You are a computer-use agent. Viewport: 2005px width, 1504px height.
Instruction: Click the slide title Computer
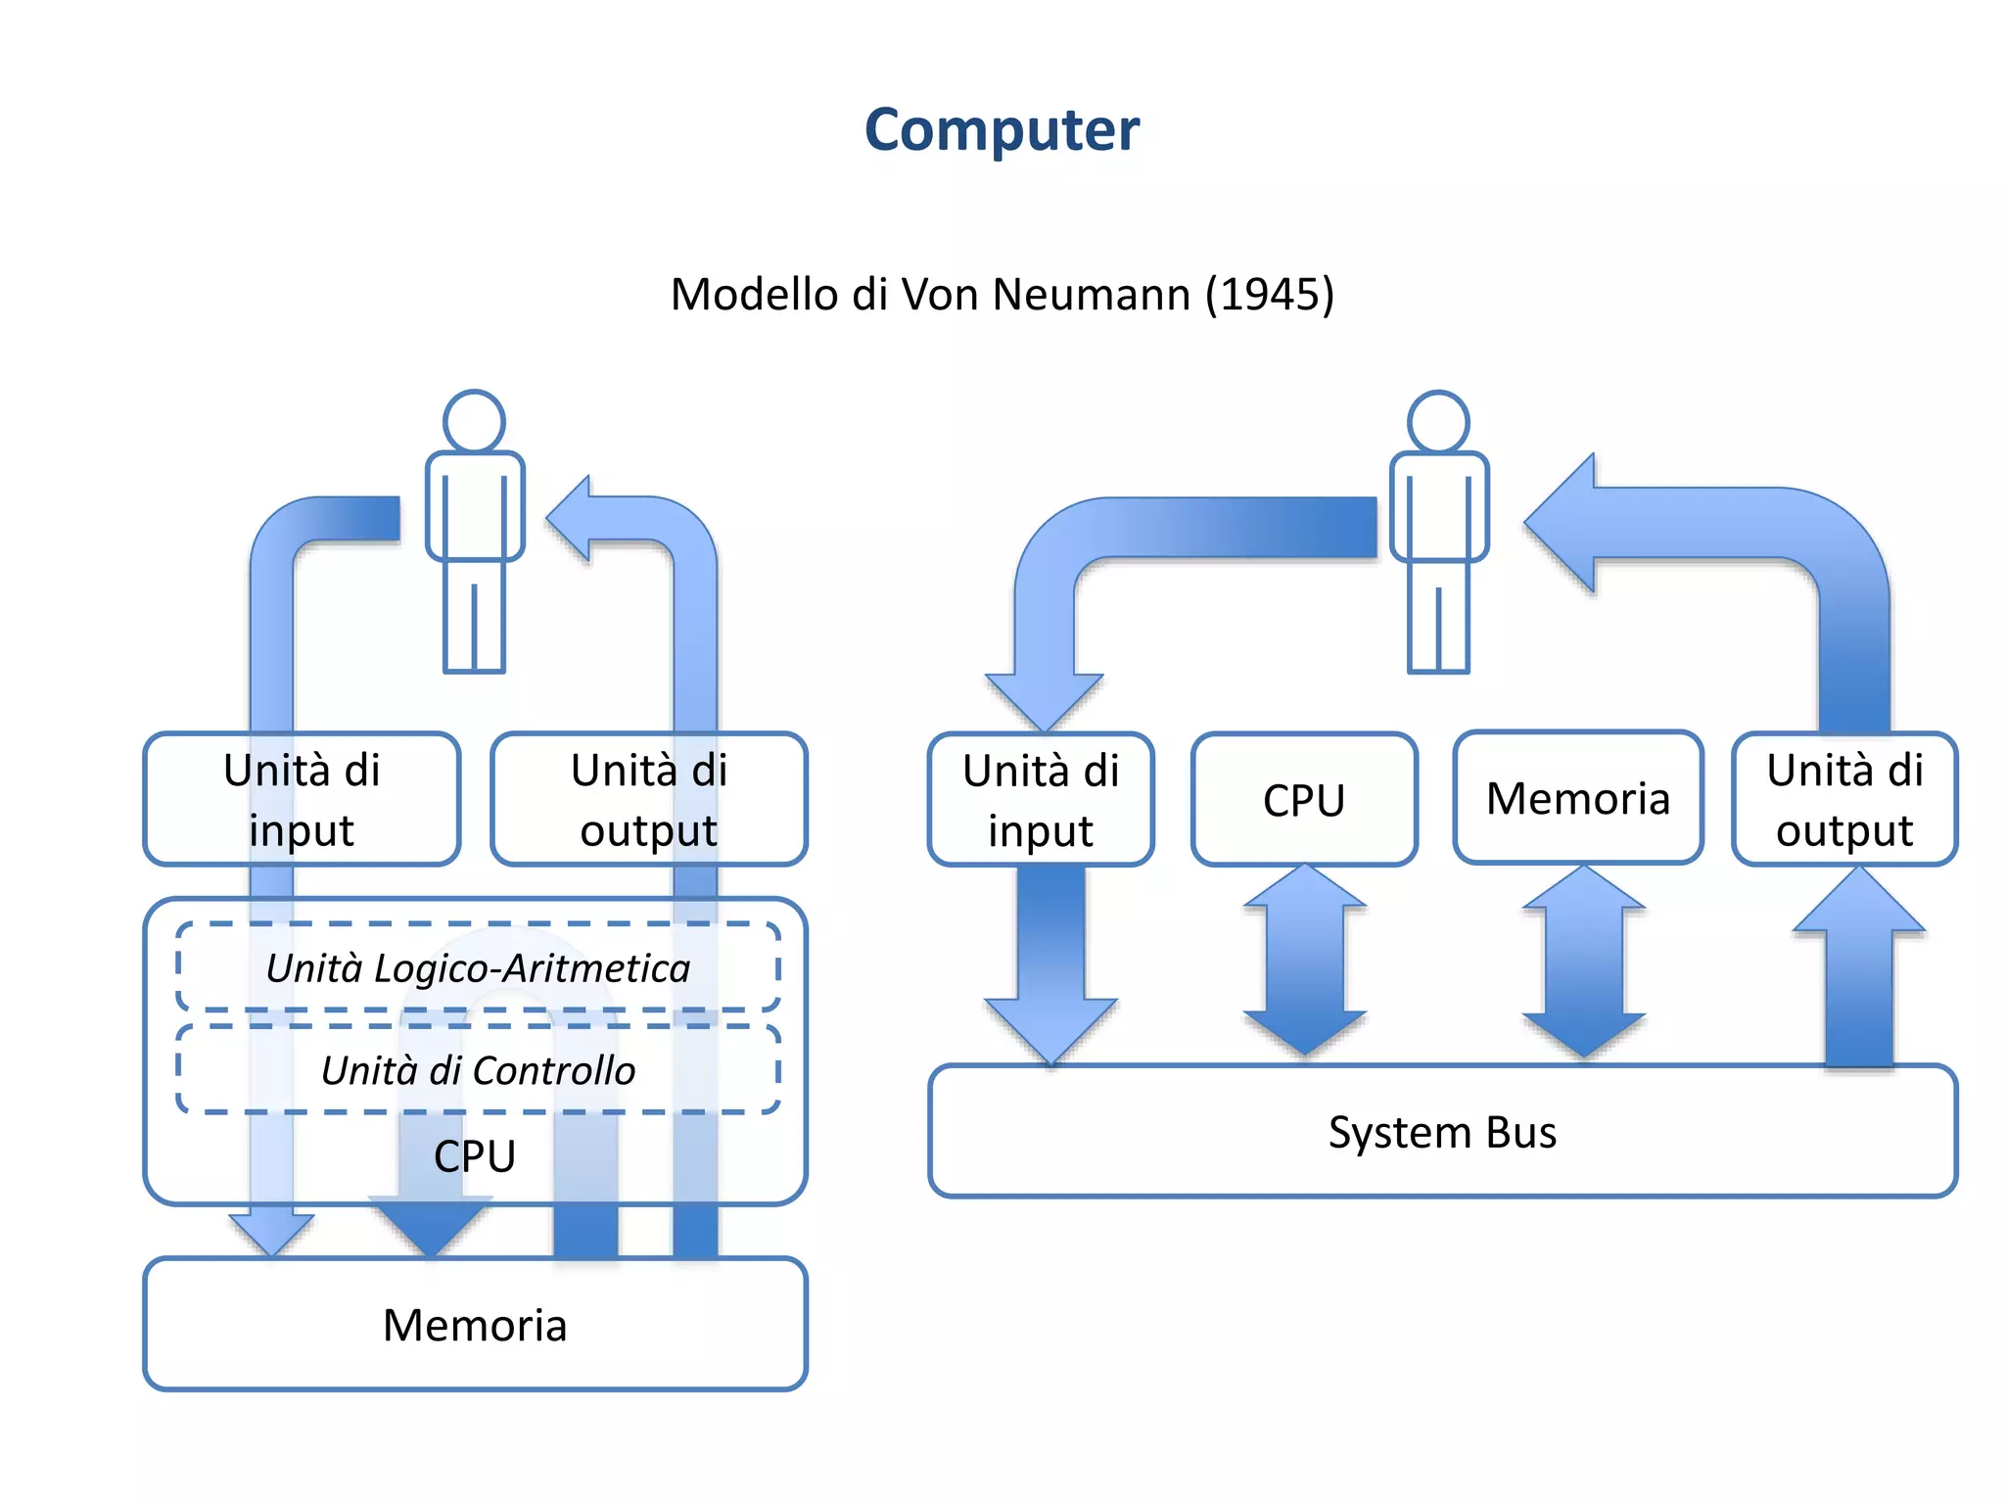(1002, 129)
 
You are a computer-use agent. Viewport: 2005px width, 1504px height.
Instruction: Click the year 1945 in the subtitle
(1269, 295)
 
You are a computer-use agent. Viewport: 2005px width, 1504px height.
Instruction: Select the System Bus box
(1441, 1132)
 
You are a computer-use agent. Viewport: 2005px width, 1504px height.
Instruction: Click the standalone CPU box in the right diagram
(1303, 800)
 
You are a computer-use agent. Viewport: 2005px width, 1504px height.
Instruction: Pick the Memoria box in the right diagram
(1577, 798)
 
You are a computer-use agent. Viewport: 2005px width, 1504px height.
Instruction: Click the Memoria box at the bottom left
(475, 1325)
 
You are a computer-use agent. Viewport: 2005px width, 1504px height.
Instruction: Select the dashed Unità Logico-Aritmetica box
(478, 967)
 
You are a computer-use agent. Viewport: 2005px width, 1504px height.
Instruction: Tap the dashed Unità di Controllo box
(478, 1070)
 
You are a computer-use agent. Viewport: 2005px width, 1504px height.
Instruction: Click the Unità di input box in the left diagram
(302, 799)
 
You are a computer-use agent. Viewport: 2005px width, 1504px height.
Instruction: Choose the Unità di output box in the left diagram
(648, 799)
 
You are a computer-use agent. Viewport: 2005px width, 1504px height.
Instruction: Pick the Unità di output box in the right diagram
(1844, 799)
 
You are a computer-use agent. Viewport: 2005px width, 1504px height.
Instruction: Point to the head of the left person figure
(474, 422)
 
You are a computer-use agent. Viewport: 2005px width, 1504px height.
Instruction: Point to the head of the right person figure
(1438, 422)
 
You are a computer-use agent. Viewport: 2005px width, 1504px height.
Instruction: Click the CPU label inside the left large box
(475, 1156)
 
